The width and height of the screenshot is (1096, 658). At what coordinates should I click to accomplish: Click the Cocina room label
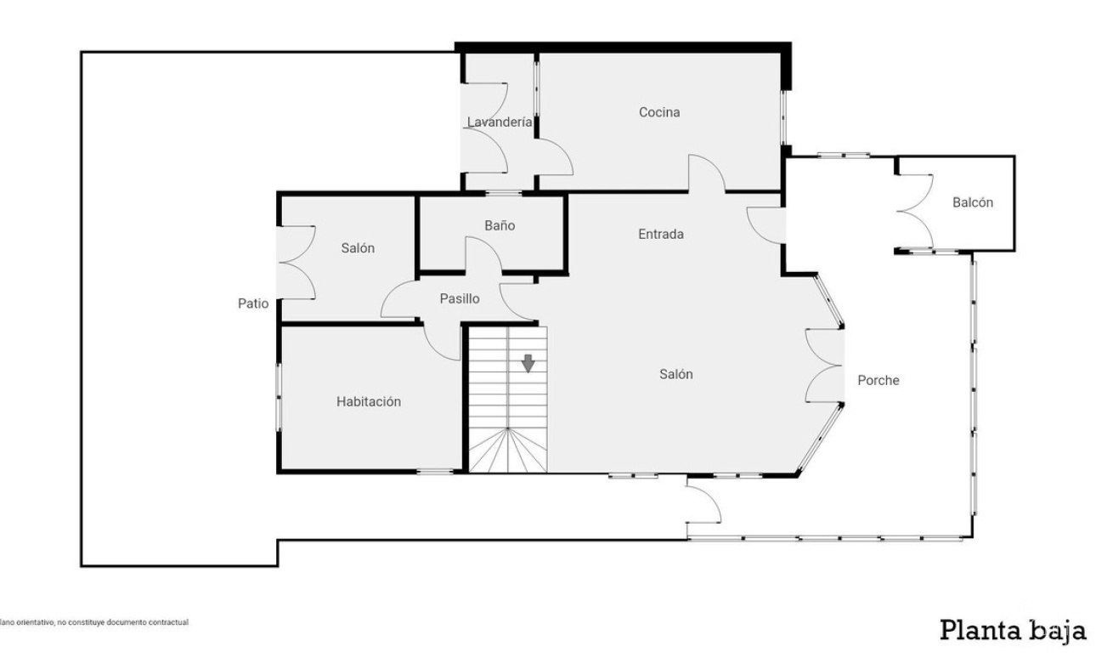[659, 112]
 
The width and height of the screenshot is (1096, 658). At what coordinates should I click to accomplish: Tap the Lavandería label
[499, 122]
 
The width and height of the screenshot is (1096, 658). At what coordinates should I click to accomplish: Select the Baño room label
[500, 225]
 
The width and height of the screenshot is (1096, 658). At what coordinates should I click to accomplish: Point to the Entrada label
[660, 234]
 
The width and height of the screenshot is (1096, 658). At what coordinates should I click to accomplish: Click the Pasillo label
[460, 298]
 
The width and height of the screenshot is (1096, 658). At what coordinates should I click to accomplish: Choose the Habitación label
[369, 401]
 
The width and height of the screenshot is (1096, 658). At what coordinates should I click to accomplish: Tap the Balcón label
[973, 202]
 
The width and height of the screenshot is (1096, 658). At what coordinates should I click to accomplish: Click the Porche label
[878, 380]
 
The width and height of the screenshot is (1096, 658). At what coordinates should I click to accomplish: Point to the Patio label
[253, 303]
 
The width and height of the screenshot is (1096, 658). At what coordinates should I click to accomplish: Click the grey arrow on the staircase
[528, 363]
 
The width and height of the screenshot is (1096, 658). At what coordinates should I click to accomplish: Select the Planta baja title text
[1013, 631]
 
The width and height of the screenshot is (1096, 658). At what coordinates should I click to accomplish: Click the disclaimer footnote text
[94, 622]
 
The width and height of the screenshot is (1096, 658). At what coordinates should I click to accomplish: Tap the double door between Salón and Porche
[824, 366]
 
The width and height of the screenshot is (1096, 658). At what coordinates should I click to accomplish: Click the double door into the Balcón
[914, 212]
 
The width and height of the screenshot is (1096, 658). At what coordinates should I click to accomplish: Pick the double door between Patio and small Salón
[297, 263]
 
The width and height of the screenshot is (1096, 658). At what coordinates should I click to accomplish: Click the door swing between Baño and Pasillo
[483, 254]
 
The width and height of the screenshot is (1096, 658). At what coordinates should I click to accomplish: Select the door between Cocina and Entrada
[707, 173]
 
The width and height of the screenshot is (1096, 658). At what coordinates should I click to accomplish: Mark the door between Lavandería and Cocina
[554, 156]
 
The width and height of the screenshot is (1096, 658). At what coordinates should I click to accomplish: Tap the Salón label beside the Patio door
[358, 248]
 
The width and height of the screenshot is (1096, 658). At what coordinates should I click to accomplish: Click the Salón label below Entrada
[675, 375]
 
